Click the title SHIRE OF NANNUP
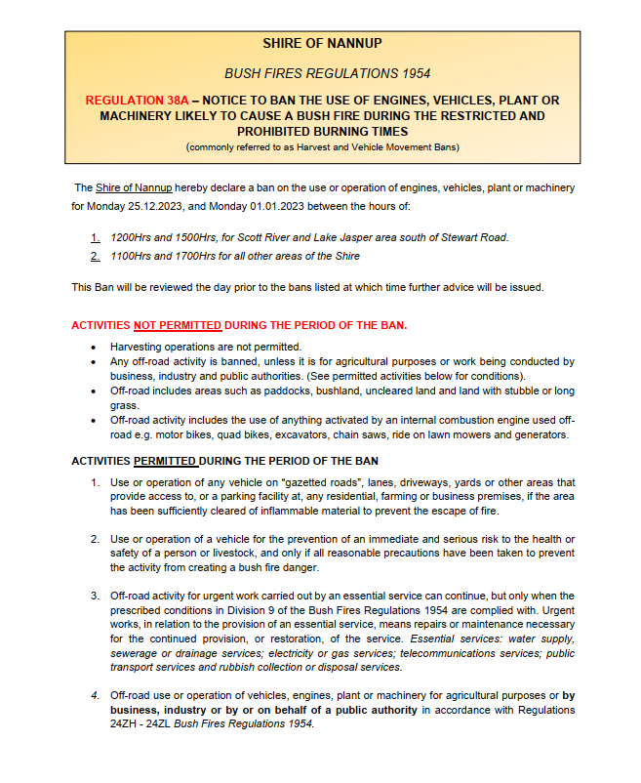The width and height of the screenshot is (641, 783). (x=322, y=43)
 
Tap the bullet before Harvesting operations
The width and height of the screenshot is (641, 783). (x=93, y=347)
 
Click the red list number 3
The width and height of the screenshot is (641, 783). (x=95, y=596)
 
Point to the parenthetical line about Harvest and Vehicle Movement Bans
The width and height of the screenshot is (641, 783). (x=322, y=146)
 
